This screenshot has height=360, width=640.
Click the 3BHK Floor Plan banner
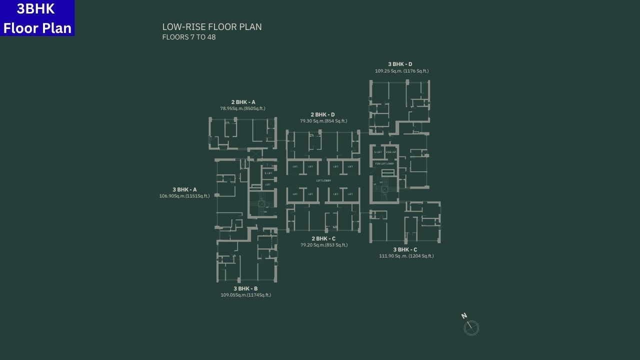pyautogui.click(x=37, y=18)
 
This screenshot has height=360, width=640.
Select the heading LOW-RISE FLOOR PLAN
pyautogui.click(x=212, y=27)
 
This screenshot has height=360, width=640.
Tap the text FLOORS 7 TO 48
pyautogui.click(x=189, y=37)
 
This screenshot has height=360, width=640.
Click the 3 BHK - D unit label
pyautogui.click(x=400, y=64)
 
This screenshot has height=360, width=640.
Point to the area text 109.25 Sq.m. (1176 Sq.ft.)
pyautogui.click(x=401, y=71)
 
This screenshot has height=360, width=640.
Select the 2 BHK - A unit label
pyautogui.click(x=243, y=102)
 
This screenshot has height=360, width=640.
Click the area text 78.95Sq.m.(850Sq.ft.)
pyautogui.click(x=242, y=108)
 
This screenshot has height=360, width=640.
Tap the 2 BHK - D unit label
pyautogui.click(x=322, y=114)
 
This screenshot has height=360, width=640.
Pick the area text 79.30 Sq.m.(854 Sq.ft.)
pyautogui.click(x=323, y=121)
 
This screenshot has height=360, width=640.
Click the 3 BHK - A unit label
pyautogui.click(x=184, y=189)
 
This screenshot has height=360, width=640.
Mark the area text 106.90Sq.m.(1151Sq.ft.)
pyautogui.click(x=184, y=196)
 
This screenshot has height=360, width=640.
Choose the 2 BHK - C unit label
pyautogui.click(x=323, y=238)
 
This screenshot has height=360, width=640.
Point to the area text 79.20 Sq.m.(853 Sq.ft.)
pyautogui.click(x=324, y=245)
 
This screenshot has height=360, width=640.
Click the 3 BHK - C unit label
pyautogui.click(x=405, y=249)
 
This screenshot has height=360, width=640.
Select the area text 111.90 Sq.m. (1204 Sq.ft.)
pyautogui.click(x=406, y=256)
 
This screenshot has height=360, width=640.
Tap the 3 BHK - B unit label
pyautogui.click(x=245, y=288)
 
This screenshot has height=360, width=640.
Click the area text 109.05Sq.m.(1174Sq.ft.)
pyautogui.click(x=245, y=295)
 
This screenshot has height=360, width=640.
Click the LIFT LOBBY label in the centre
pyautogui.click(x=323, y=180)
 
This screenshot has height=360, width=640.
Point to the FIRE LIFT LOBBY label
pyautogui.click(x=384, y=163)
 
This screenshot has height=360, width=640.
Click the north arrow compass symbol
pyautogui.click(x=471, y=327)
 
